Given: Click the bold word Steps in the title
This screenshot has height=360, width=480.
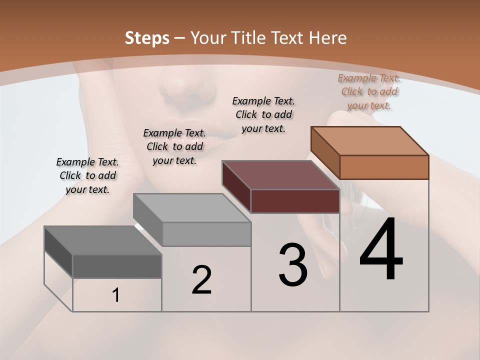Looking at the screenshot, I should tap(147, 38).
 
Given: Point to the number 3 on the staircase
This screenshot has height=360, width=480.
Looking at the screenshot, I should tap(293, 265).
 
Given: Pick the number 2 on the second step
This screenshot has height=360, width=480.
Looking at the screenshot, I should tap(201, 279).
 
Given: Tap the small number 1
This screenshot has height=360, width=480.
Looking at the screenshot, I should tap(116, 295).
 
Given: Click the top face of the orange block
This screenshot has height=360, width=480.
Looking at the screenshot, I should tap(370, 140).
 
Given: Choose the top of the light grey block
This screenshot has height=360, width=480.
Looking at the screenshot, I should tap(192, 207).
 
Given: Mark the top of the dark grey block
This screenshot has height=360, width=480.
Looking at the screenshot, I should tap(103, 240).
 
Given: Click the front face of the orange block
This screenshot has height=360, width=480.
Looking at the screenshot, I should tap(384, 167).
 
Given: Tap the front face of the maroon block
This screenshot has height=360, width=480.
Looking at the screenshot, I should tap(295, 201).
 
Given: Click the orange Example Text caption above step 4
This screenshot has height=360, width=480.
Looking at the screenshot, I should tap(369, 91).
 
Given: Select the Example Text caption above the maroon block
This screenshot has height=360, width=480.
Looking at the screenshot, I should tap(263, 114).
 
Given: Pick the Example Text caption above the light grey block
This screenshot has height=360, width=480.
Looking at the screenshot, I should tap(174, 146).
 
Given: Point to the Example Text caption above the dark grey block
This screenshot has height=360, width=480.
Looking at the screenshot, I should tap(87, 175).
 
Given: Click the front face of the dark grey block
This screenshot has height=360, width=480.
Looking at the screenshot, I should tap(117, 266).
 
